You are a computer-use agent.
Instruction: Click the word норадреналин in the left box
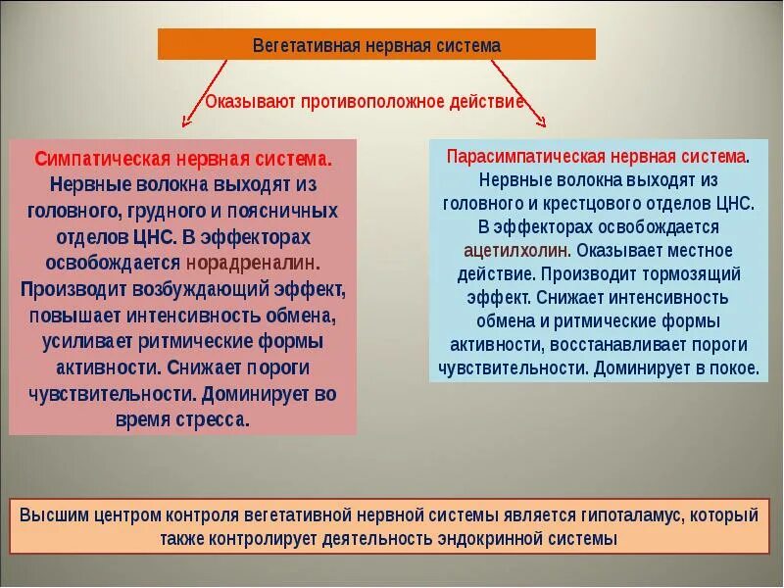(x=253, y=263)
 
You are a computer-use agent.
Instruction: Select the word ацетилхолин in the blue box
(x=517, y=250)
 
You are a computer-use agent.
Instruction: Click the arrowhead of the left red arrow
(x=186, y=122)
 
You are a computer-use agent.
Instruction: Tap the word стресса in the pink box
(x=214, y=419)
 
